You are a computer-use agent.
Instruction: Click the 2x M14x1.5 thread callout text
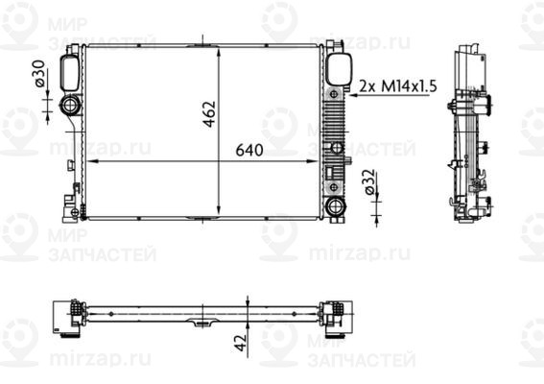[397, 85]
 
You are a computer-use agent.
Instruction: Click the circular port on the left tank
[72, 106]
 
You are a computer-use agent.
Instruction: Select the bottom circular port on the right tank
[335, 205]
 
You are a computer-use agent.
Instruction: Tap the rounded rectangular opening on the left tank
[71, 70]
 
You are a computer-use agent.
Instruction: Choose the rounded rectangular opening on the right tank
[338, 69]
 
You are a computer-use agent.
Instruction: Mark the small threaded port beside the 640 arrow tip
[337, 148]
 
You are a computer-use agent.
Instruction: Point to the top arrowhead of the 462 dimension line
[221, 48]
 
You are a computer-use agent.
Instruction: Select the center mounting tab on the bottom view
[202, 321]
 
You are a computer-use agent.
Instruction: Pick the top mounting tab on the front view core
[202, 42]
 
